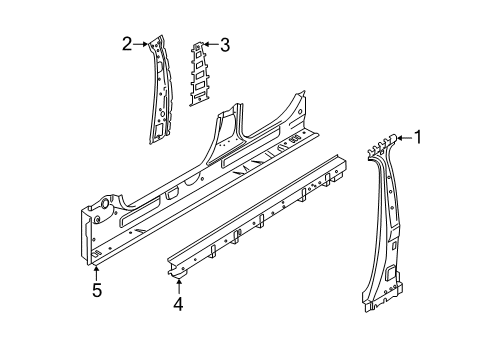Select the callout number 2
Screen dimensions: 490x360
[x=127, y=43]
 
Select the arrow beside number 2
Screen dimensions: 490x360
[x=141, y=43]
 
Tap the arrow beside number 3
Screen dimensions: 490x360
[x=210, y=44]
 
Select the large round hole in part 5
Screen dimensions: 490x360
[x=99, y=210]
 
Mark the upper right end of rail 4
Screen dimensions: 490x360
[x=339, y=160]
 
